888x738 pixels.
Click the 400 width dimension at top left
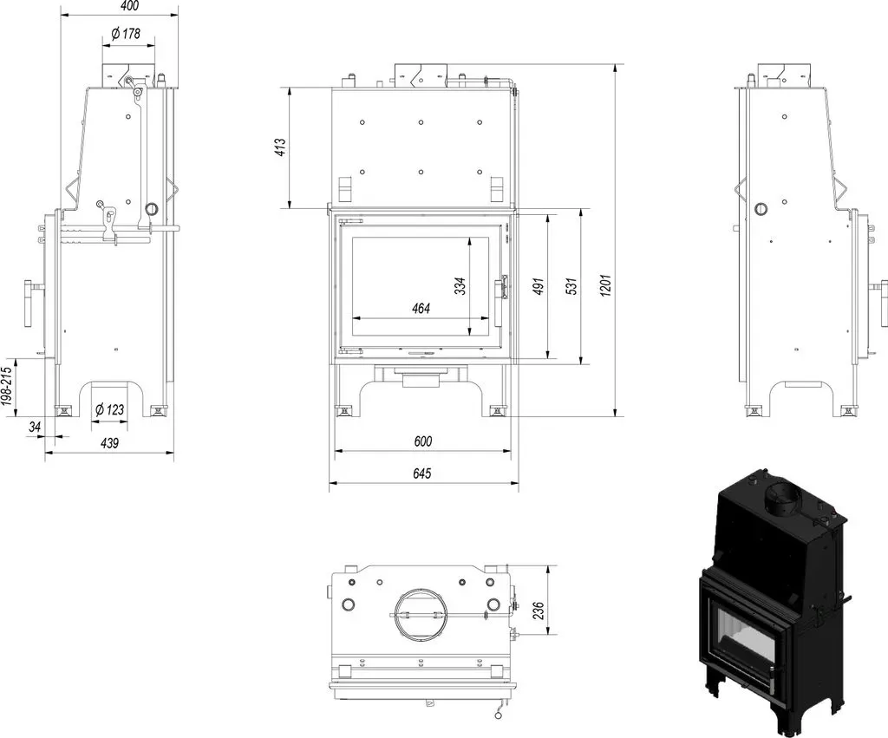click(x=130, y=6)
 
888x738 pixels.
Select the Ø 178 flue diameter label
click(x=126, y=34)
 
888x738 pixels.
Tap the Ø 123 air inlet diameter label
click(x=109, y=409)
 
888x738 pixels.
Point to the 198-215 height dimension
click(x=6, y=387)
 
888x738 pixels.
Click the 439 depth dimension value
click(x=109, y=442)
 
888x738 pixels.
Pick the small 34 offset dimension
click(x=35, y=428)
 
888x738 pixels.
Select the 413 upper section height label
click(x=280, y=147)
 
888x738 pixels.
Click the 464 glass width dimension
click(x=421, y=309)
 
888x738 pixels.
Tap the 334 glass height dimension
click(x=460, y=286)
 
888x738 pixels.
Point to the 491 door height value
click(x=539, y=286)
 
